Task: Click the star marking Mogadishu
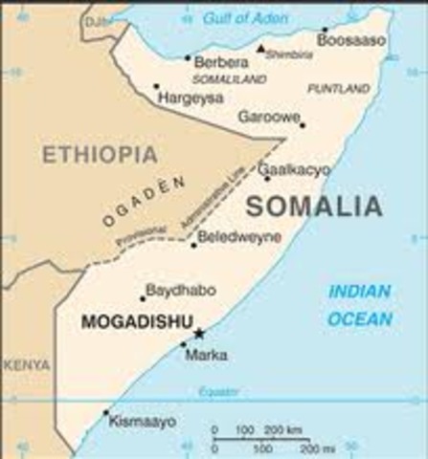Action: click(x=199, y=333)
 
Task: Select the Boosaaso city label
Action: click(x=353, y=41)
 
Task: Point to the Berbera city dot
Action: click(x=188, y=57)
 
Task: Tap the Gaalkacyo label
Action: click(x=295, y=169)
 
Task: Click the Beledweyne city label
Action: click(x=240, y=234)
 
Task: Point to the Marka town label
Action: click(x=208, y=356)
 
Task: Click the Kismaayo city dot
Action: click(x=106, y=412)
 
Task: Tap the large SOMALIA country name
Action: click(x=314, y=206)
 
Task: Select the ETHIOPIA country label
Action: click(x=99, y=155)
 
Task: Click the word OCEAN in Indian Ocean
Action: click(x=359, y=319)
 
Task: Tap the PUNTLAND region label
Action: click(x=338, y=88)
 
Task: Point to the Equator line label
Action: click(x=218, y=392)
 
